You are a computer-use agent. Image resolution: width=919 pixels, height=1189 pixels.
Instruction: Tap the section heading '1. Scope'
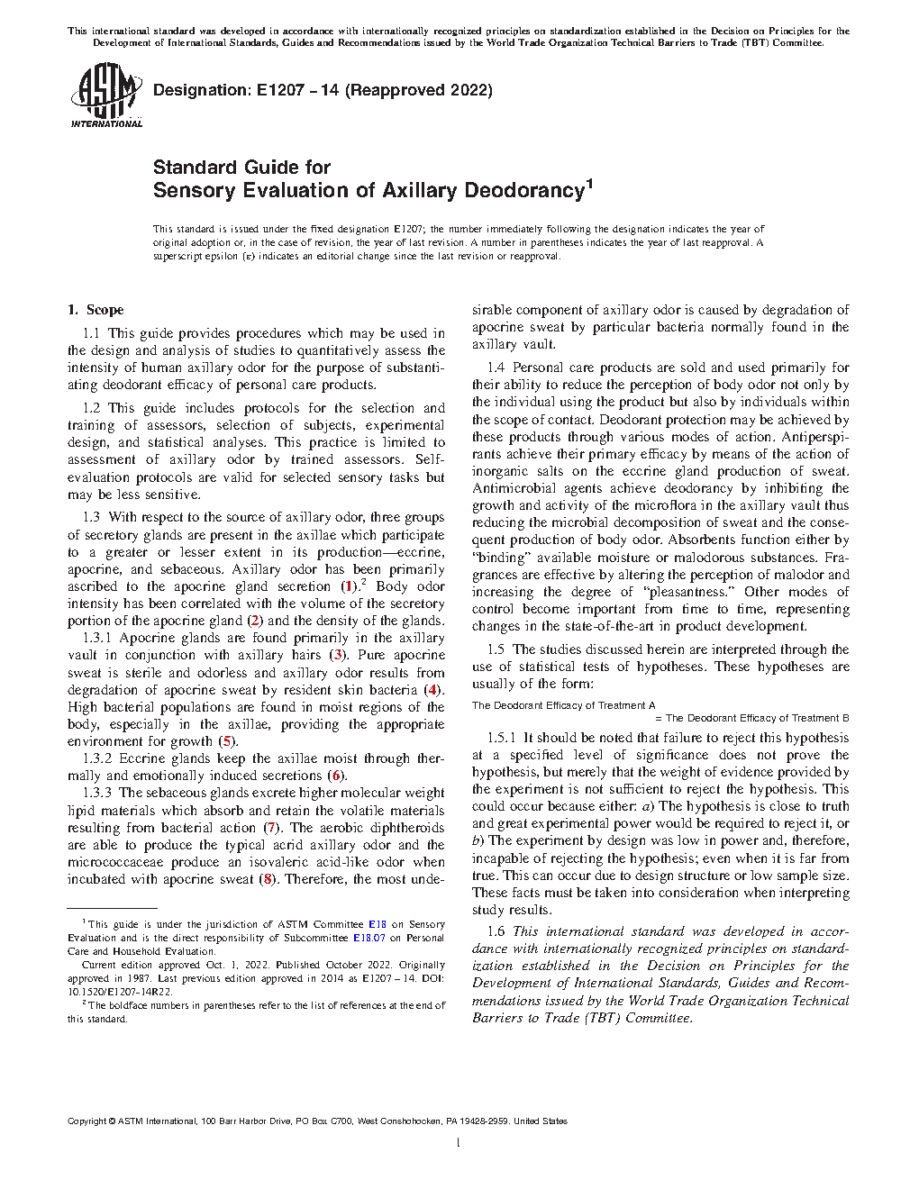(96, 310)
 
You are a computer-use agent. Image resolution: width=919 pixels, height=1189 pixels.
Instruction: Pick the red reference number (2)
(255, 621)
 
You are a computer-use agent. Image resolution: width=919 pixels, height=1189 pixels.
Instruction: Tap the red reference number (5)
(228, 741)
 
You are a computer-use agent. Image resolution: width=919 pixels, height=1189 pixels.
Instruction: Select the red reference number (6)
(336, 776)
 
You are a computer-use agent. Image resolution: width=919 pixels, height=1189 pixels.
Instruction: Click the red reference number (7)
(270, 828)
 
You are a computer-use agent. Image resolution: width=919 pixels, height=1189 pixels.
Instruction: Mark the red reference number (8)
(267, 879)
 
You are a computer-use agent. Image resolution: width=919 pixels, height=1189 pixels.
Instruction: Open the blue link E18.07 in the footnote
(369, 938)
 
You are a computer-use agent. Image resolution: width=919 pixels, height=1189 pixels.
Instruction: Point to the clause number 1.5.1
(502, 738)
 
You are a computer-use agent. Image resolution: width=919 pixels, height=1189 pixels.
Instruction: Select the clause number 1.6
(496, 931)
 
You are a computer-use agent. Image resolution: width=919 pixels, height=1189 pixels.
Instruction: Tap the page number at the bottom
(459, 1143)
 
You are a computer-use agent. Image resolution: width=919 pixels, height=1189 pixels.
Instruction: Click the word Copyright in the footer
(87, 1121)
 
